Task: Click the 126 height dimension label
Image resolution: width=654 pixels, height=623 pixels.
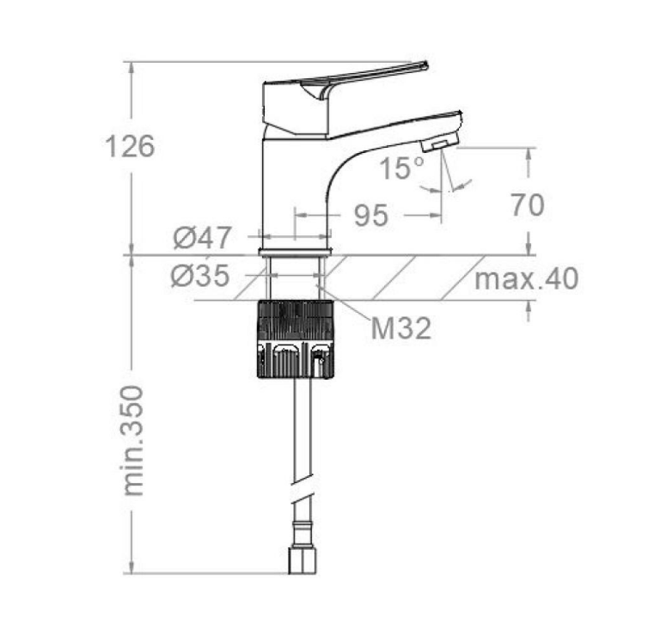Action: pos(130,146)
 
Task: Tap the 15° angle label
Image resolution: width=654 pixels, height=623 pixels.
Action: pos(401,168)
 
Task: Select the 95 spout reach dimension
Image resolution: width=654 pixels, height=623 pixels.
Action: pos(370,216)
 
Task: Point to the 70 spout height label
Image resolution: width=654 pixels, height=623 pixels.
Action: pos(528,205)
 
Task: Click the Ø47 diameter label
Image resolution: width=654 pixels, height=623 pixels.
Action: pos(202,238)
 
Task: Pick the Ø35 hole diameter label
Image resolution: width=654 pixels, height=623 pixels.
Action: pos(200,276)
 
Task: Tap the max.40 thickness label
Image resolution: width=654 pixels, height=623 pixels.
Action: pos(526,278)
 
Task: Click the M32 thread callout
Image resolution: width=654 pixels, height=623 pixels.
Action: pos(400,327)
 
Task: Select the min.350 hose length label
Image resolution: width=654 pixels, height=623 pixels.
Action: pos(134,441)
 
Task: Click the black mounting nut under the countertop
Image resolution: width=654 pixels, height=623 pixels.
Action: pos(296,339)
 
